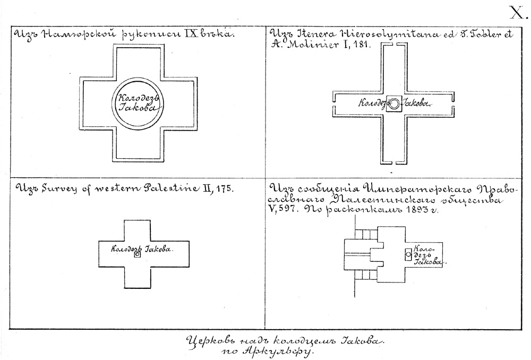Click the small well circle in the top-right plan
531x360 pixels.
tap(393, 104)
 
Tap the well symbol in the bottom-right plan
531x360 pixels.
tap(408, 255)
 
